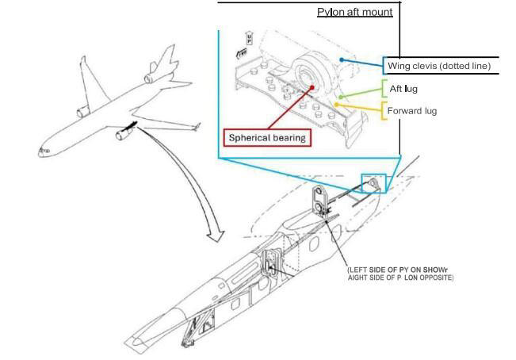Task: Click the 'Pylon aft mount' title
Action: click(354, 12)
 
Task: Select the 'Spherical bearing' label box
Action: click(266, 137)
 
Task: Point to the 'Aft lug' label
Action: click(402, 89)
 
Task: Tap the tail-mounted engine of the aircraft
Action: click(150, 77)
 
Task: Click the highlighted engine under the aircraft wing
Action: click(124, 135)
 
